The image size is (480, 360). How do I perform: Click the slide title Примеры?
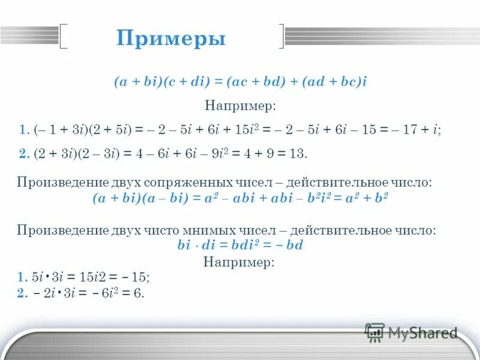pyautogui.click(x=171, y=39)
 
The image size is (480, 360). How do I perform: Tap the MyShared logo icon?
pyautogui.click(x=374, y=332)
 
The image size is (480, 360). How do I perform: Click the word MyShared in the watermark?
pyautogui.click(x=422, y=332)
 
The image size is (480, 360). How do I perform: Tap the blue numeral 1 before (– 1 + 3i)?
pyautogui.click(x=22, y=130)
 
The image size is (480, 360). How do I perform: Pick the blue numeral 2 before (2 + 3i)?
pyautogui.click(x=23, y=154)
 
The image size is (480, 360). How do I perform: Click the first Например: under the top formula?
pyautogui.click(x=240, y=106)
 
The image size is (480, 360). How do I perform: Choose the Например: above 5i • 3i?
pyautogui.click(x=239, y=262)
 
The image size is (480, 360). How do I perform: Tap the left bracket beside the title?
pyautogui.click(x=64, y=35)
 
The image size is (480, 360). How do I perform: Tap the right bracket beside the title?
pyautogui.click(x=281, y=35)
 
